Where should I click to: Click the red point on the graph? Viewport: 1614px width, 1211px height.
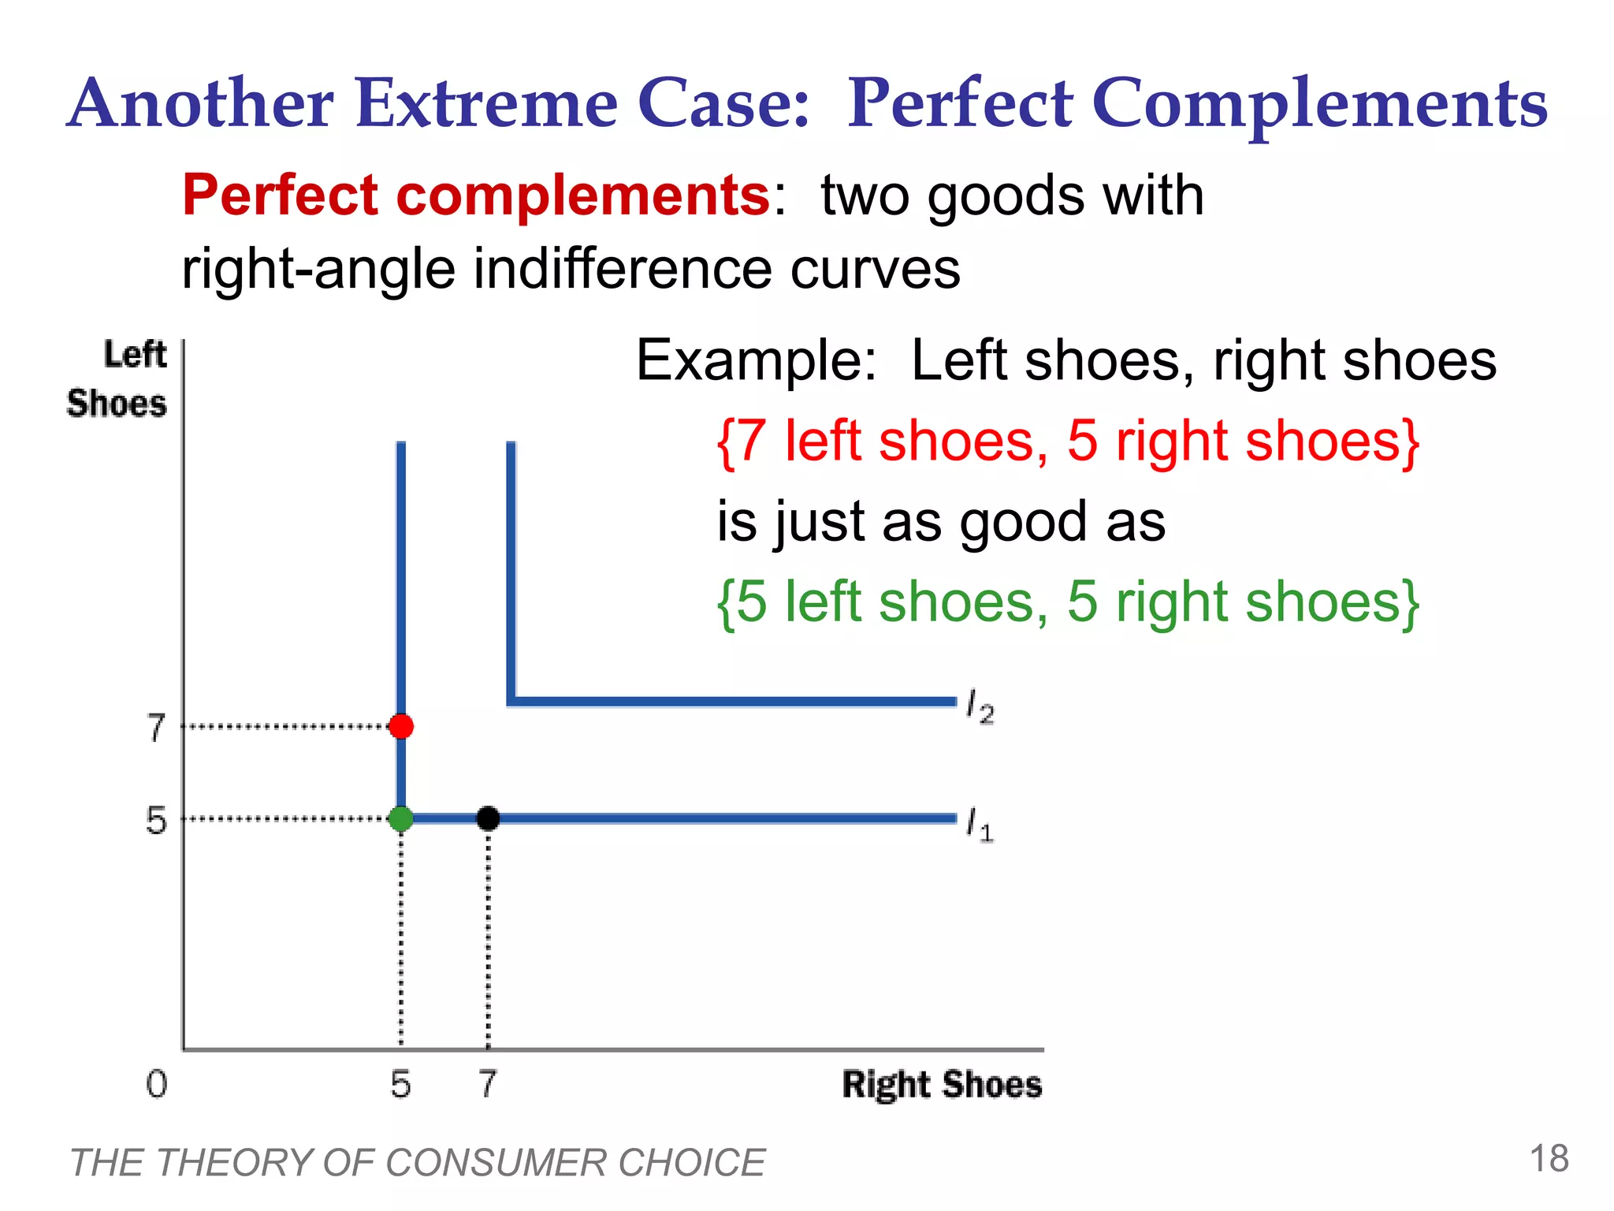pos(401,726)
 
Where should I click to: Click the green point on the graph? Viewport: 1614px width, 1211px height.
pos(401,818)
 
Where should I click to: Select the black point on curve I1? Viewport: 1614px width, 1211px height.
pos(488,818)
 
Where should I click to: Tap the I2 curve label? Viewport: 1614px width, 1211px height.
pos(980,706)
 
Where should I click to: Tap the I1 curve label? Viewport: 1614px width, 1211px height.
pos(980,825)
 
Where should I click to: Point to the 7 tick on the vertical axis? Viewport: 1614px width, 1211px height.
pos(157,727)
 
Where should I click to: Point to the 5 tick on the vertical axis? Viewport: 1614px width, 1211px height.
pos(157,820)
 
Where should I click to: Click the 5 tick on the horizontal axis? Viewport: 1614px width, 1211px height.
pos(401,1084)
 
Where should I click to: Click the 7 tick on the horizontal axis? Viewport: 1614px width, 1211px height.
pos(488,1084)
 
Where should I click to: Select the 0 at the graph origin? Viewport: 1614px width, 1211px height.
pos(157,1084)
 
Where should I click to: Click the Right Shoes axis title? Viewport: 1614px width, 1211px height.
pos(942,1084)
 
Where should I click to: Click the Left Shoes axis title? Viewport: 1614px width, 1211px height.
pos(118,379)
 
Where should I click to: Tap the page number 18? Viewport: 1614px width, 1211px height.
pos(1549,1159)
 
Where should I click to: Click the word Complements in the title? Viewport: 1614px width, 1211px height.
pos(1320,104)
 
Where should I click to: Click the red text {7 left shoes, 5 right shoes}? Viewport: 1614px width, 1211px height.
pos(1068,442)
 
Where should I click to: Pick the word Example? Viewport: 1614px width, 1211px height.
pos(755,361)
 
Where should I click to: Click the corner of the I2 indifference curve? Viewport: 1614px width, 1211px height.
pos(511,700)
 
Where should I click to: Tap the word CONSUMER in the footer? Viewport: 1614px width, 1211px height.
pos(496,1163)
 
